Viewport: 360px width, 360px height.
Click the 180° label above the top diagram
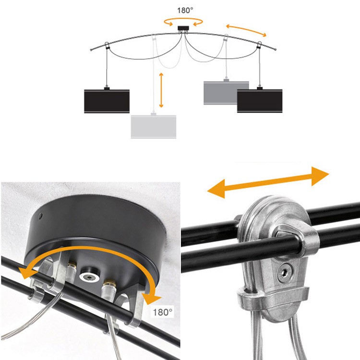(185, 11)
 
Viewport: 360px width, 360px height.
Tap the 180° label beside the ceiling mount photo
(162, 312)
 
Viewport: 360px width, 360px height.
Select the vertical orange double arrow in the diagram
(161, 90)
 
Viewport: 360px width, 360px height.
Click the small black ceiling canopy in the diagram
(183, 28)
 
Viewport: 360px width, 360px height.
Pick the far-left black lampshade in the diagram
(107, 101)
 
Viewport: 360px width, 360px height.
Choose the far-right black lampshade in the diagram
(260, 101)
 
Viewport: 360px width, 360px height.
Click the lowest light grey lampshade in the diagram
(154, 127)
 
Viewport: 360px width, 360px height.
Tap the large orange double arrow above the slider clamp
(268, 182)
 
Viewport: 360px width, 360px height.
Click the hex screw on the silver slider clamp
(285, 273)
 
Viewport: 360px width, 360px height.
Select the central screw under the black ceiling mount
(90, 276)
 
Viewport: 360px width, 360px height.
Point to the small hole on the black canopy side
(40, 216)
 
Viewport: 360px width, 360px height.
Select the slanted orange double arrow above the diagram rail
(246, 30)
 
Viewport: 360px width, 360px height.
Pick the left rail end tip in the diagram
(91, 50)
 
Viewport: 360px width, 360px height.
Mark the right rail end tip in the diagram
(275, 49)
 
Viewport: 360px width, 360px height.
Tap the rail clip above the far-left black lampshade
(107, 46)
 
